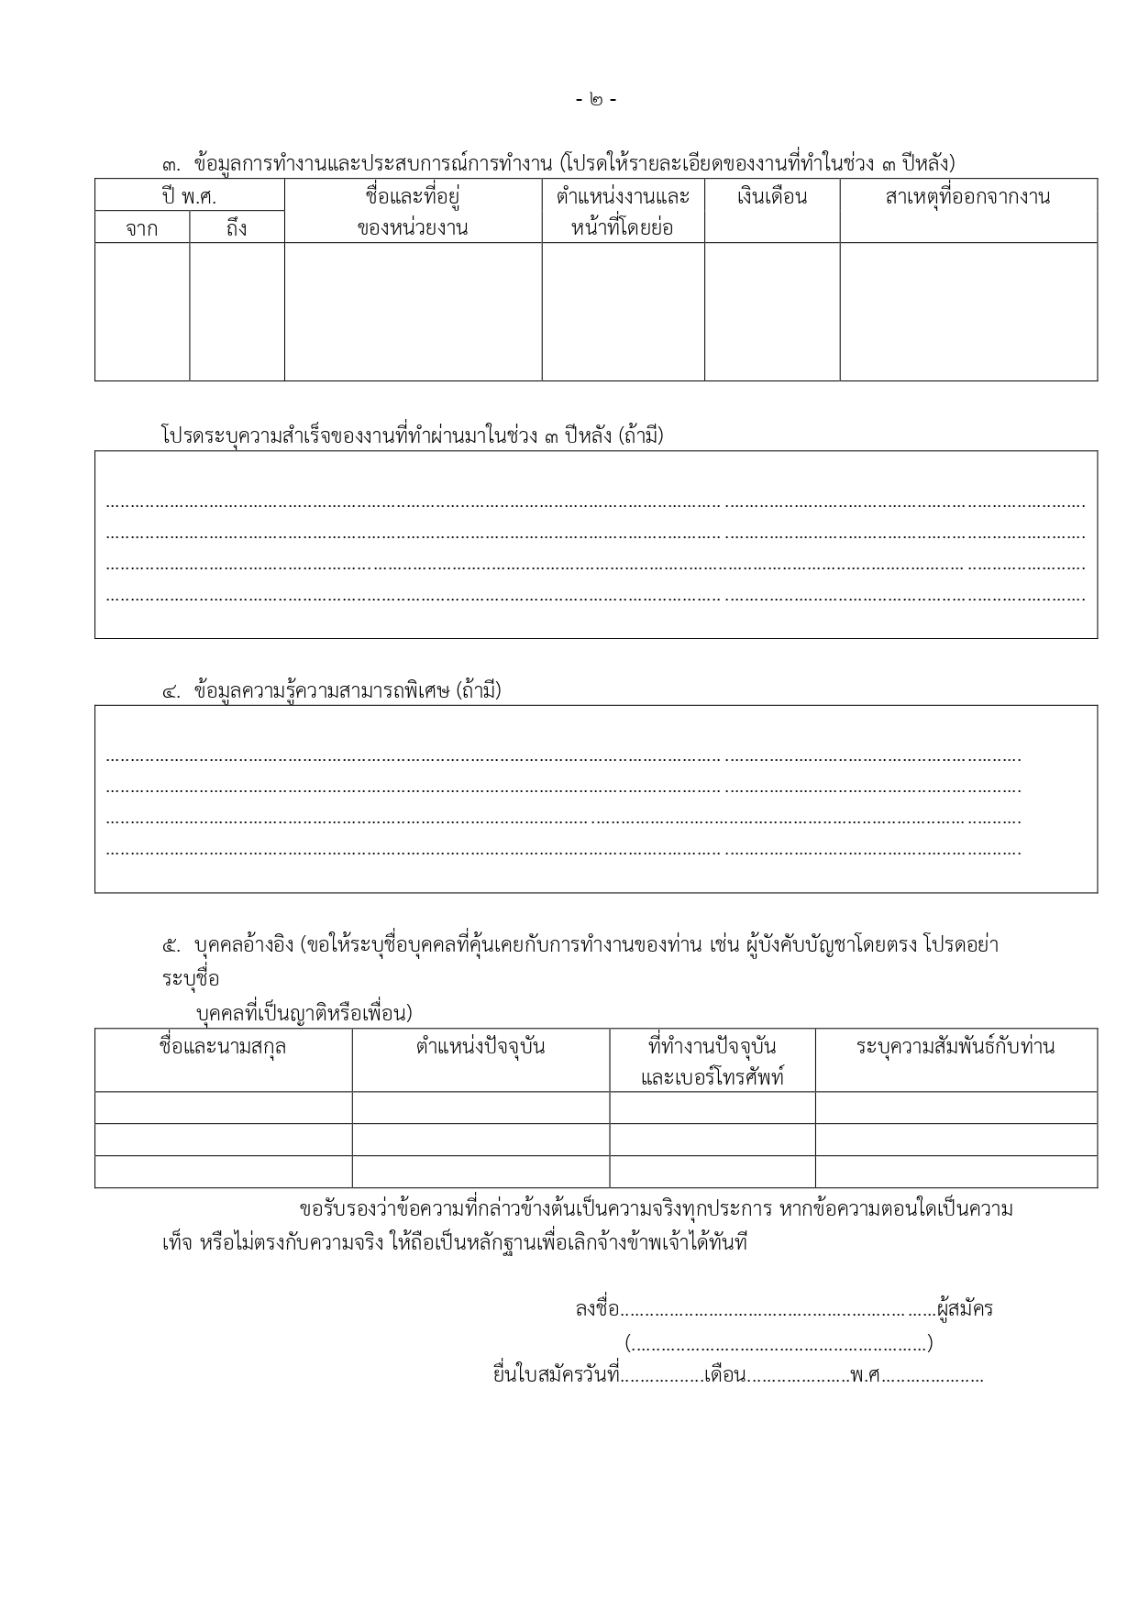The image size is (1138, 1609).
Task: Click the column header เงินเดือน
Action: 771,197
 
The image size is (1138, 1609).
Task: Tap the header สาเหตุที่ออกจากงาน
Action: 967,197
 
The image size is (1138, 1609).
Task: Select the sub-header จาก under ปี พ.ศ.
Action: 142,228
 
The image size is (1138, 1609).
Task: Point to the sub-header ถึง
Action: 237,228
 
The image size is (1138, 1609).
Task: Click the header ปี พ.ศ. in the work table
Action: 189,196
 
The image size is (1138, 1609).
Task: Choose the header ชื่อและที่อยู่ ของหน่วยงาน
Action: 413,212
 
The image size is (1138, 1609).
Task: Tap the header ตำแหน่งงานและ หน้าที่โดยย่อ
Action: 623,212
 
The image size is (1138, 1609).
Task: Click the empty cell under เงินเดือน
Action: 771,311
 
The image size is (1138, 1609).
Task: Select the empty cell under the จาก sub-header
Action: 142,311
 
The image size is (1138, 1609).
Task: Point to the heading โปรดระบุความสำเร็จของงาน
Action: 411,436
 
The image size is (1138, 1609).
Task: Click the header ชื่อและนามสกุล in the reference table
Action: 223,1047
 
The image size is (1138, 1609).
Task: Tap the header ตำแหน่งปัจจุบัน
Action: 480,1047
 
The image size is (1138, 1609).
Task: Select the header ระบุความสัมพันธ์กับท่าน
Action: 955,1047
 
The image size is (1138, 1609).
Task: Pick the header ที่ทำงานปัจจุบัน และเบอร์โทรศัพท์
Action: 712,1061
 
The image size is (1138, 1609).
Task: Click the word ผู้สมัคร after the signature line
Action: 965,1309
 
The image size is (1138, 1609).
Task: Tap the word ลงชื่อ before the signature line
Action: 597,1309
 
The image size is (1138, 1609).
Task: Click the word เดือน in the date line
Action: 724,1376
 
